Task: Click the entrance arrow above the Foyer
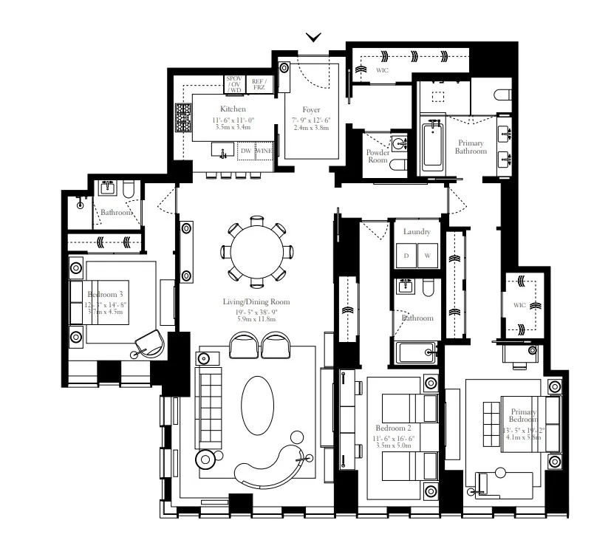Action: (x=314, y=37)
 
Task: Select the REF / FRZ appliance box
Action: (x=259, y=84)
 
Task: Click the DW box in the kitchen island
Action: (x=246, y=151)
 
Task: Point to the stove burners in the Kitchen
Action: (x=183, y=116)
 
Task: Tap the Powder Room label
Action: (x=378, y=156)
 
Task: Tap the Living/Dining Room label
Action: (x=256, y=301)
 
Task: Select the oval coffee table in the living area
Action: (x=257, y=403)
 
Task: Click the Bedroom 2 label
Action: (x=393, y=428)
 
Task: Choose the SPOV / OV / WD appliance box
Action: (x=234, y=84)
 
